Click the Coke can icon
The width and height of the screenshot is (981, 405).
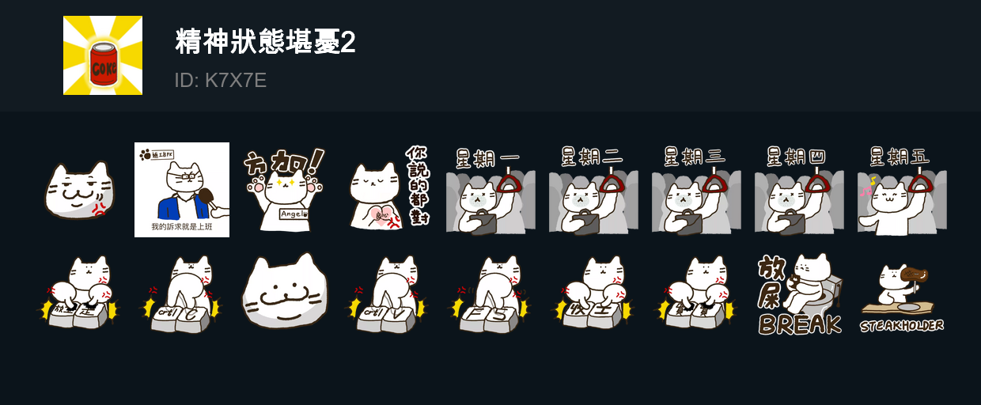click(x=103, y=64)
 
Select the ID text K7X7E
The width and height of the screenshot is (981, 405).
click(x=236, y=81)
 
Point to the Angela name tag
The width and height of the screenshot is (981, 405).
click(x=293, y=214)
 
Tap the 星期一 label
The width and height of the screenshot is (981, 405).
click(x=487, y=157)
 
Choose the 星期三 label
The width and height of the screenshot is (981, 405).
click(x=693, y=157)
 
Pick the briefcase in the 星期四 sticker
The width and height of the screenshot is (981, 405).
click(x=792, y=222)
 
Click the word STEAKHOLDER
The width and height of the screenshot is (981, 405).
click(x=901, y=325)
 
